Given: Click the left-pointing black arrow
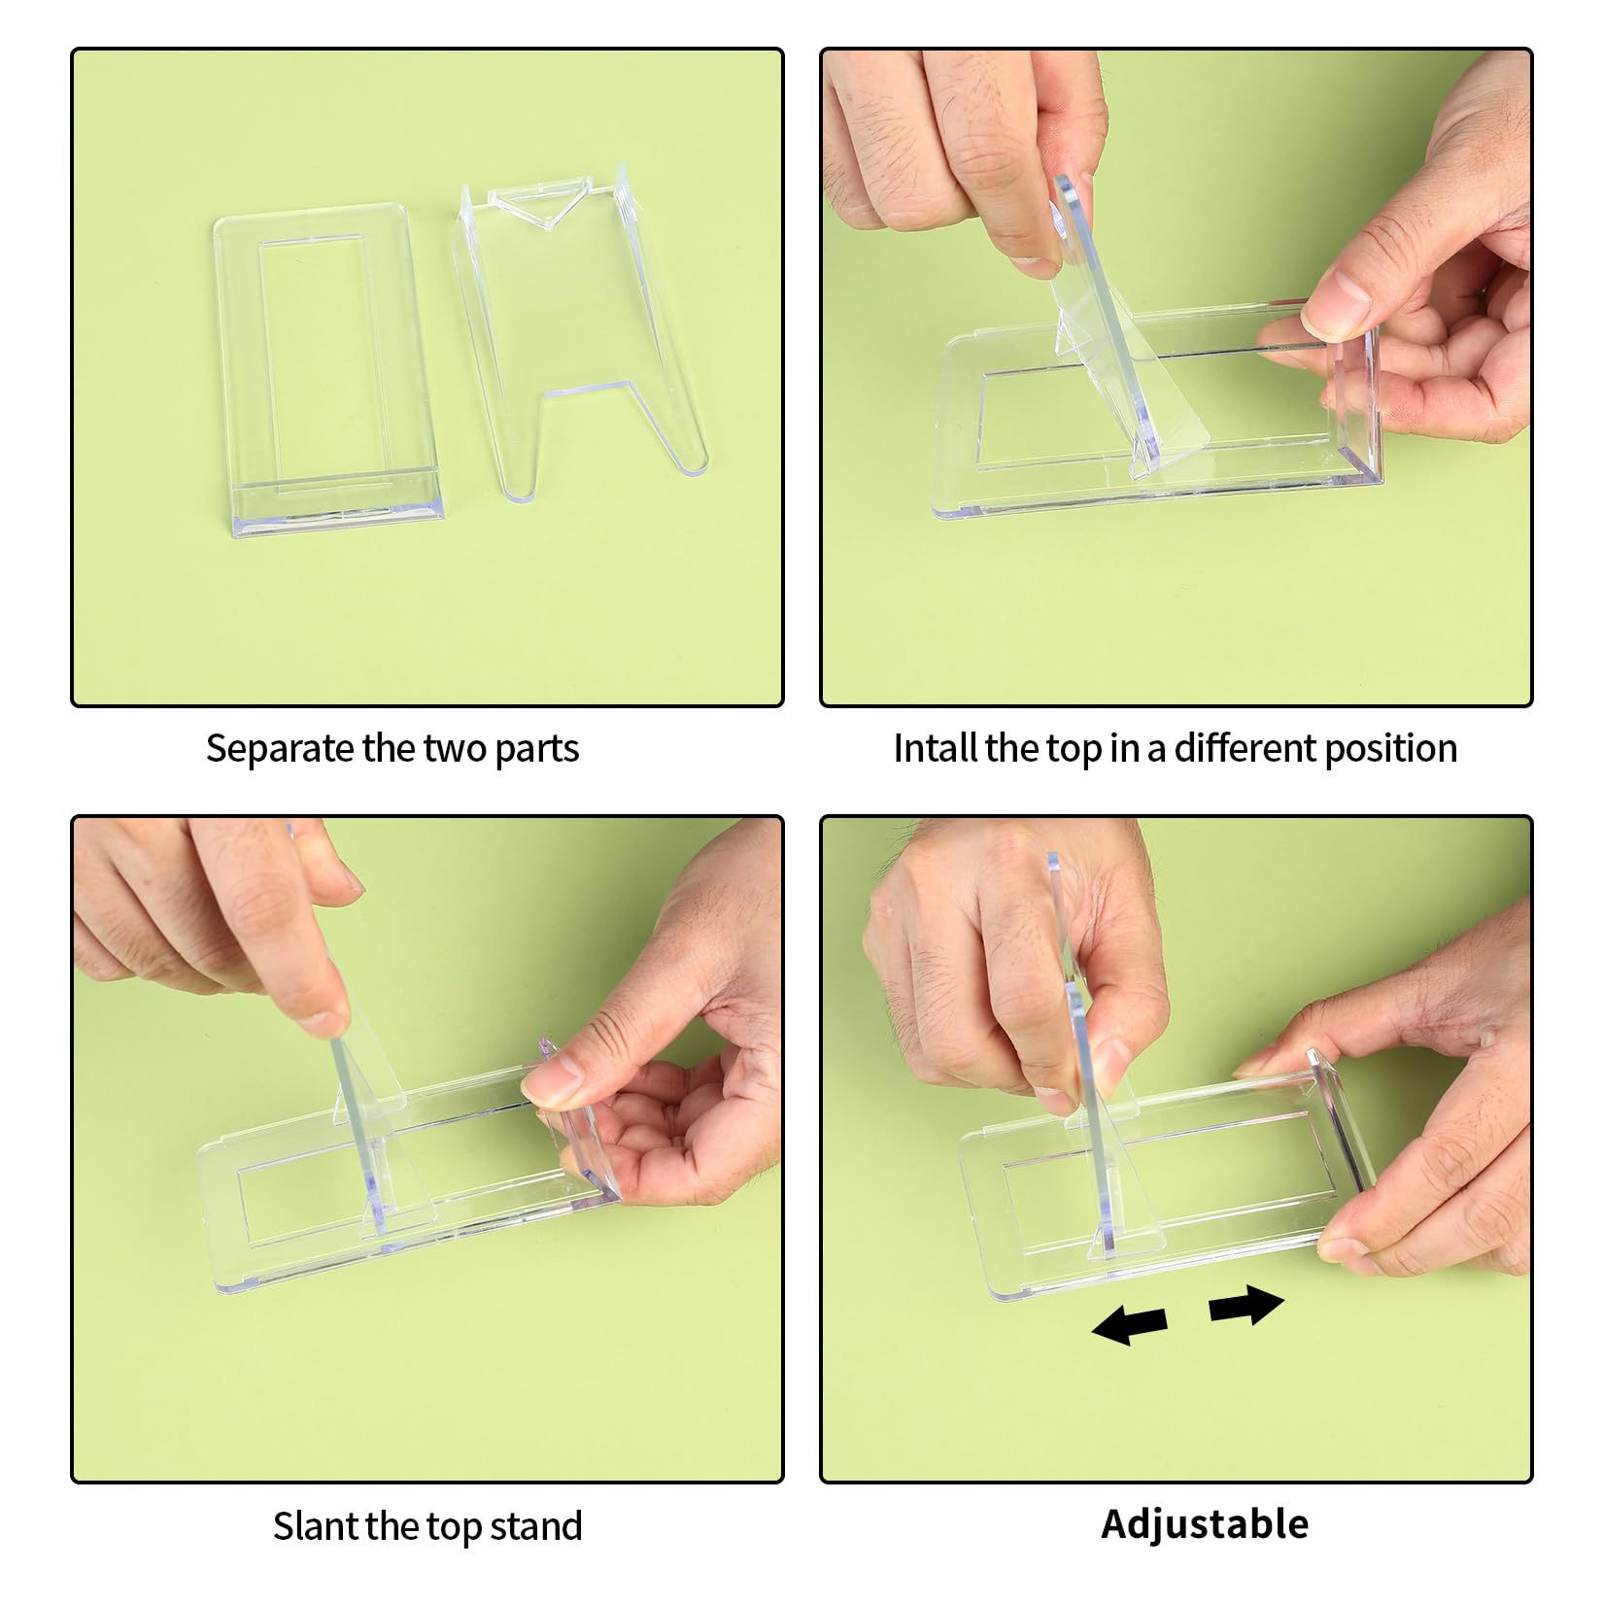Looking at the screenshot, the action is pos(1129,1324).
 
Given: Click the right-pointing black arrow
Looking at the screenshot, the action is pos(1246,1305).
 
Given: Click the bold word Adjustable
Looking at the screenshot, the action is pos(1205,1524).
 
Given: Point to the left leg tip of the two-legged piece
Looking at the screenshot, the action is pos(521,491).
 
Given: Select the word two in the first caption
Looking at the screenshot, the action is pos(456,749).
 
